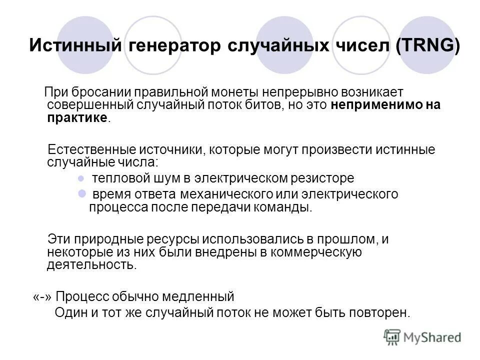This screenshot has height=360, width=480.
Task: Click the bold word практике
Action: [77, 117]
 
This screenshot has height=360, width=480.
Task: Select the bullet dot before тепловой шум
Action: [81, 178]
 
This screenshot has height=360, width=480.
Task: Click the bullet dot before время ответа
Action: [81, 193]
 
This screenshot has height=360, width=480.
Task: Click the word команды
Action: [285, 207]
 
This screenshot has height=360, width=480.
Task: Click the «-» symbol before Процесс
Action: [42, 297]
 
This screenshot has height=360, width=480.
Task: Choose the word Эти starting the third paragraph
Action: [58, 239]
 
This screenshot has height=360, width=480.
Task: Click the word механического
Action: [205, 193]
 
